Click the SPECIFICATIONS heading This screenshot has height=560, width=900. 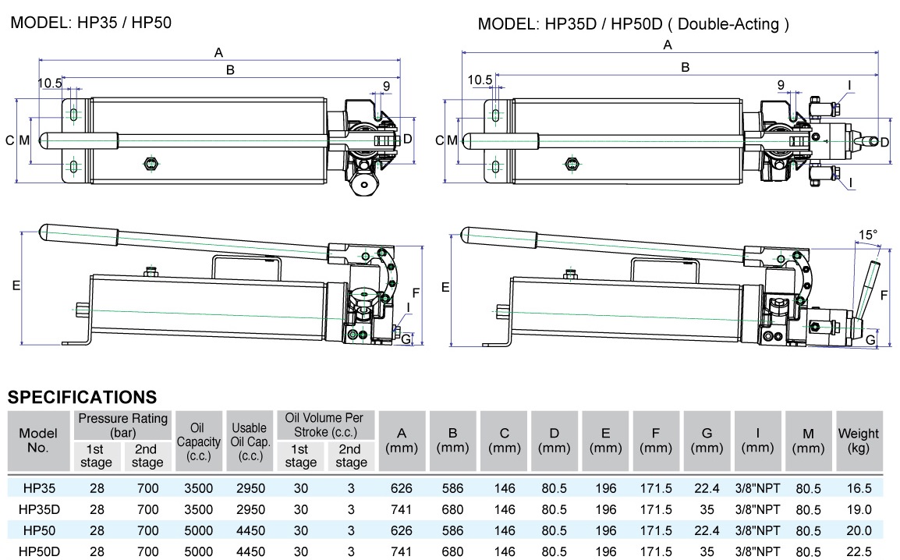coord(82,397)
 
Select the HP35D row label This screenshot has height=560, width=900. coord(39,509)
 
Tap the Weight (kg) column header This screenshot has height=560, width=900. coord(858,441)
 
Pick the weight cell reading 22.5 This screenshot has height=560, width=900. coord(858,551)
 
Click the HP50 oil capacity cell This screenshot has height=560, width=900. coord(198,530)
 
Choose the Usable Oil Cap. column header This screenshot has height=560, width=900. coord(249,441)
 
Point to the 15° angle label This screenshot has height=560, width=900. coord(867,234)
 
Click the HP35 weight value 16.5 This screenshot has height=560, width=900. coord(858,489)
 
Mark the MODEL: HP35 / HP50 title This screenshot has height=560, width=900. coord(90,23)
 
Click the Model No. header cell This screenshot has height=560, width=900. coord(38,441)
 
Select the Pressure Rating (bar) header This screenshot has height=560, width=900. coord(123,425)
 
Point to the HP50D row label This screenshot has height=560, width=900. coord(39,551)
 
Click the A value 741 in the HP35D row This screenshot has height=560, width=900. coord(402,509)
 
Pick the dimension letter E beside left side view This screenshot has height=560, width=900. coord(15,286)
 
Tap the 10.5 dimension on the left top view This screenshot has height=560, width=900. coord(49,82)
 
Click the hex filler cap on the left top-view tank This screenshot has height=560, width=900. coord(151,163)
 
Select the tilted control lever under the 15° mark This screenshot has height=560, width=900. coord(866,289)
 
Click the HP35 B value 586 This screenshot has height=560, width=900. coord(452,489)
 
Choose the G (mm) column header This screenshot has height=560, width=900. coord(707,441)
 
